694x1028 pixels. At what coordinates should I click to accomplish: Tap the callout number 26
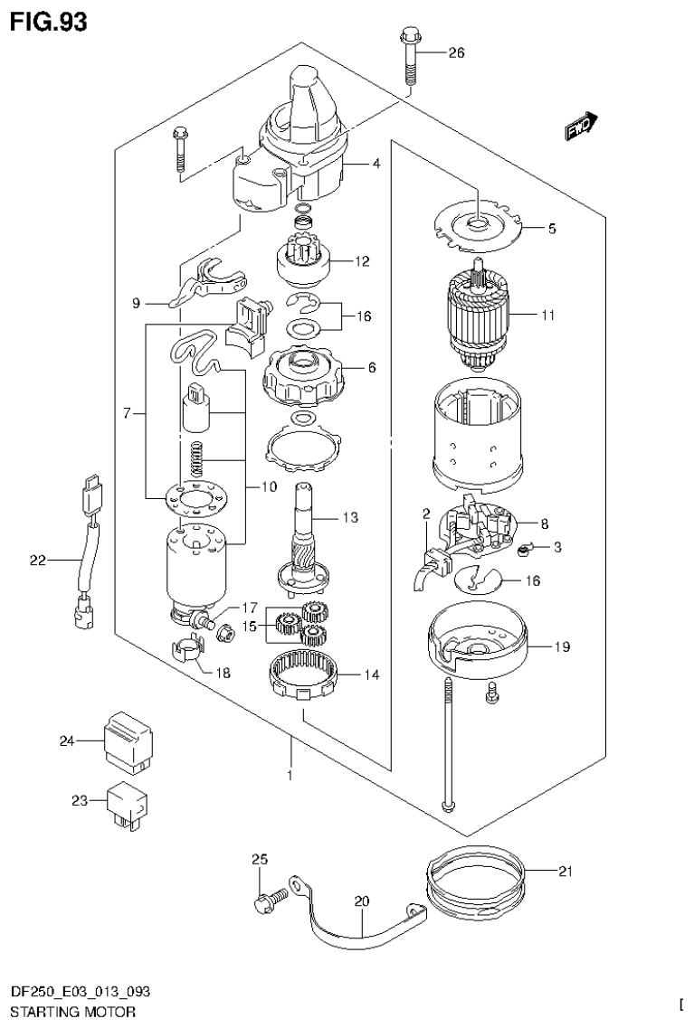456,53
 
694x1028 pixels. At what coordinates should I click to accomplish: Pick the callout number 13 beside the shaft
350,518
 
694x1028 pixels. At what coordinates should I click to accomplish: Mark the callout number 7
128,413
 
